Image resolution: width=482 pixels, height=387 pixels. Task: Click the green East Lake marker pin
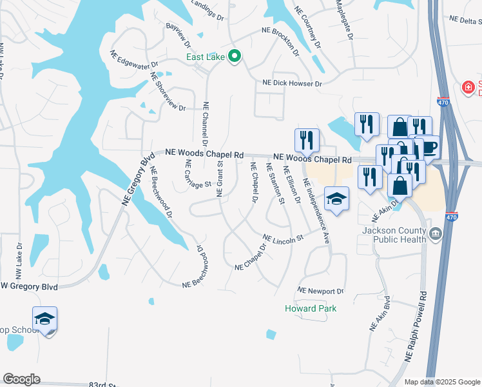point(235,57)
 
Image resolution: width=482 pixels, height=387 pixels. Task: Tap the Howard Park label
point(311,308)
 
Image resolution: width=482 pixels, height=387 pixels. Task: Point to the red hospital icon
point(468,87)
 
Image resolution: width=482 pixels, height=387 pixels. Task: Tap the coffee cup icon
point(429,148)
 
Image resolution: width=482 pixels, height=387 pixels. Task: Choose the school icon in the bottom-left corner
point(45,319)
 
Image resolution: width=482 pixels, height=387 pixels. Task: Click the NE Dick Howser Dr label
point(291,83)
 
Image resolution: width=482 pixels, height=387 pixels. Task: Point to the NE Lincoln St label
point(283,239)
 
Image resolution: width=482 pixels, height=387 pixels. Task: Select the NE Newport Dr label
point(320,291)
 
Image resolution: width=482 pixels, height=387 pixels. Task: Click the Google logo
point(21,379)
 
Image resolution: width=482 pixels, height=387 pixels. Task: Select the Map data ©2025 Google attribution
point(442,382)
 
